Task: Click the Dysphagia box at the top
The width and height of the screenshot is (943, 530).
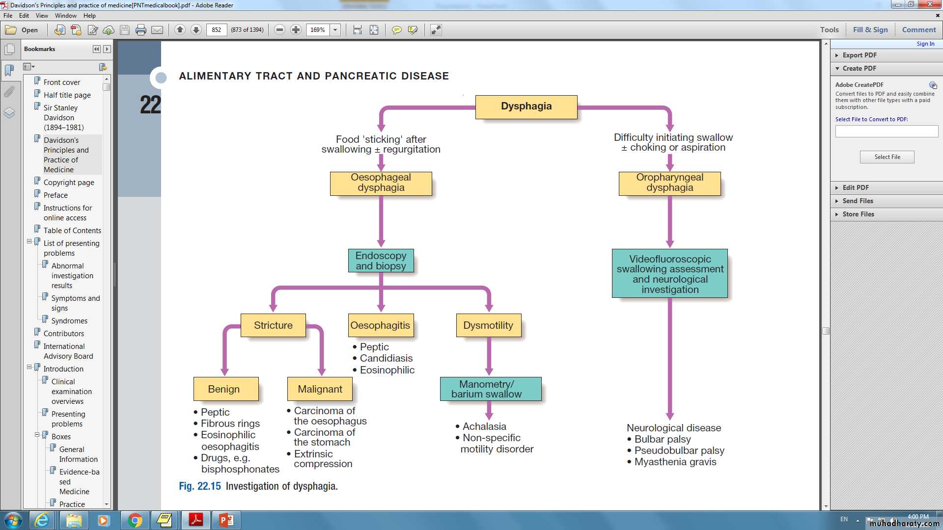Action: [526, 106]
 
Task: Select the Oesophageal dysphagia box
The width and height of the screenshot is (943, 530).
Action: [381, 183]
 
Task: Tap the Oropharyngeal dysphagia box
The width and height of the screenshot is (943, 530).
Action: [669, 183]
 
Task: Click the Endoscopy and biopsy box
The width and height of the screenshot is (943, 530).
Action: [381, 261]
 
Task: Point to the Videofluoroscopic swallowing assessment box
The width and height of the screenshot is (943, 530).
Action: [669, 273]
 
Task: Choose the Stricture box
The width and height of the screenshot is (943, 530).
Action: [273, 325]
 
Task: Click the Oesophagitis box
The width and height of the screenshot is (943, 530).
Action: [380, 325]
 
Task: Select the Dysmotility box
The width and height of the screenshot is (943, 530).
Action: [488, 325]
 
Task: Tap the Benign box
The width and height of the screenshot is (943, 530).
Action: [224, 389]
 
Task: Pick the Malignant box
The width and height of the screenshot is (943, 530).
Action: [320, 389]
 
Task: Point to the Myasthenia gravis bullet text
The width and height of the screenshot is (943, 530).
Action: [675, 462]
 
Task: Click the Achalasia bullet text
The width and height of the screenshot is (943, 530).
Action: [484, 426]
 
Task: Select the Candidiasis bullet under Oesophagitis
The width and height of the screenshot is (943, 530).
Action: [386, 358]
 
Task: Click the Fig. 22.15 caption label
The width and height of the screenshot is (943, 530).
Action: [200, 486]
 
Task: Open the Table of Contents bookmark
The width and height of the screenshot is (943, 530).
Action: [72, 231]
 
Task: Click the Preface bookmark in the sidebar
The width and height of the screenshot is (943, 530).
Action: [55, 195]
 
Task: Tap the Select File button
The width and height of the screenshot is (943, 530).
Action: [887, 157]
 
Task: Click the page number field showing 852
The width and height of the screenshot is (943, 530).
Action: [217, 30]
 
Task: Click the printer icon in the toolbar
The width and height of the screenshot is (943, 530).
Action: [141, 30]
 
